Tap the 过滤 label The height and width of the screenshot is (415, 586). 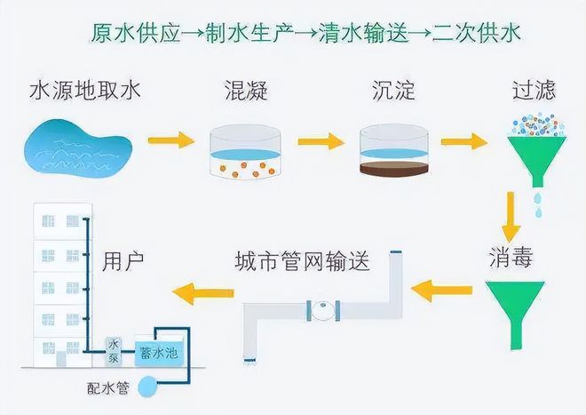(535, 91)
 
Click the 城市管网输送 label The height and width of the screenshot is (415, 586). (302, 262)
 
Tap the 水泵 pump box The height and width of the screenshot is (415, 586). (114, 348)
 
